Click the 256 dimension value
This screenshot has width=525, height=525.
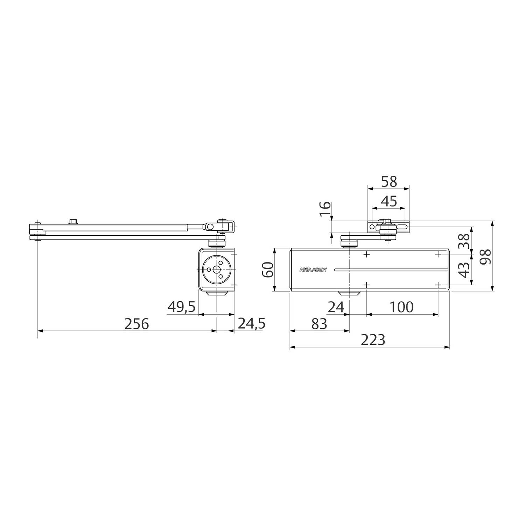tap(137, 324)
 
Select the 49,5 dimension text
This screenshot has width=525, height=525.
tap(181, 307)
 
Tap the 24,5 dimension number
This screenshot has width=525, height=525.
tap(252, 324)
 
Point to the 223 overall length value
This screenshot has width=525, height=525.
tap(373, 340)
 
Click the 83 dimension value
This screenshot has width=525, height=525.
tap(319, 324)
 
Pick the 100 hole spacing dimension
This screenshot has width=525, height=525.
tap(401, 307)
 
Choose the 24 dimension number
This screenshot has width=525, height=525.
tap(336, 307)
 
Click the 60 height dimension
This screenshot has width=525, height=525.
tap(268, 269)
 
